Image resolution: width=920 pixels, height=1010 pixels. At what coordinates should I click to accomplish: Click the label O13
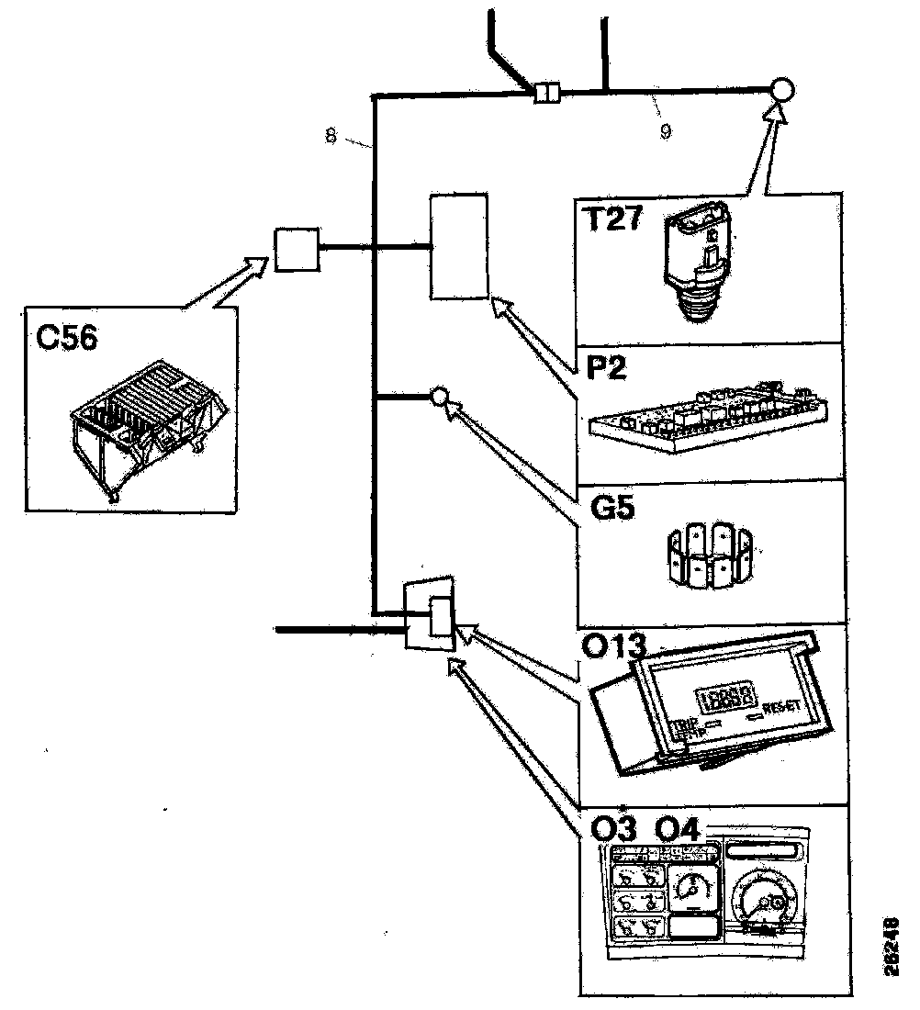coord(615,649)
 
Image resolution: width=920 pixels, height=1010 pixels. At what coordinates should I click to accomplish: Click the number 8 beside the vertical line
coord(331,135)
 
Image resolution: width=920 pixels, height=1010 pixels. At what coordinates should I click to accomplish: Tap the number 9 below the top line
coord(665,131)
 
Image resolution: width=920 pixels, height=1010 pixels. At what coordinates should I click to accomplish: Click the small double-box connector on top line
coord(546,93)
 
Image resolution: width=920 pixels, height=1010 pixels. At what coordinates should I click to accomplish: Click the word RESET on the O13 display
coord(782,707)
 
